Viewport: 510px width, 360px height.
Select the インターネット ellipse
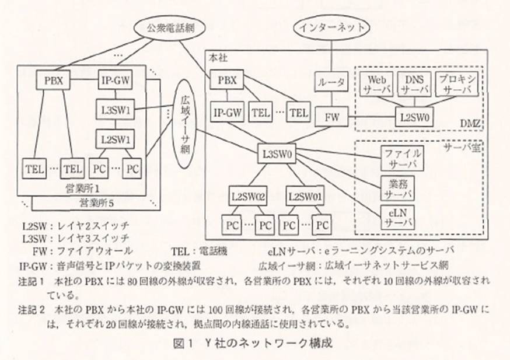click(x=332, y=27)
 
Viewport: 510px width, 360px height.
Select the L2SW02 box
click(x=248, y=195)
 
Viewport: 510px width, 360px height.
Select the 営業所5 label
click(x=95, y=202)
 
